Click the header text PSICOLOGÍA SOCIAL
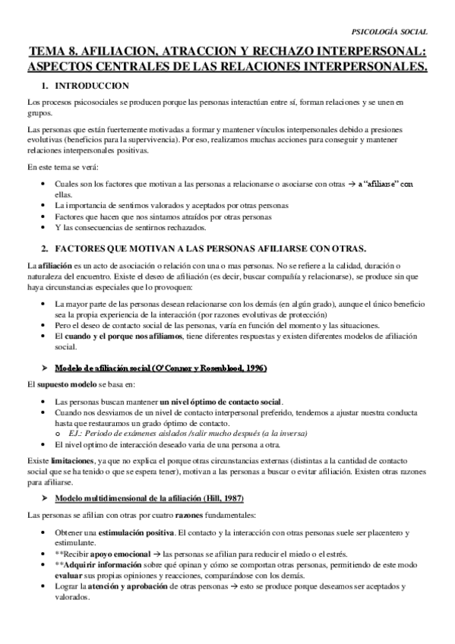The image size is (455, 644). tap(391, 32)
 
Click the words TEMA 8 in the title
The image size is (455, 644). tap(53, 52)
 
